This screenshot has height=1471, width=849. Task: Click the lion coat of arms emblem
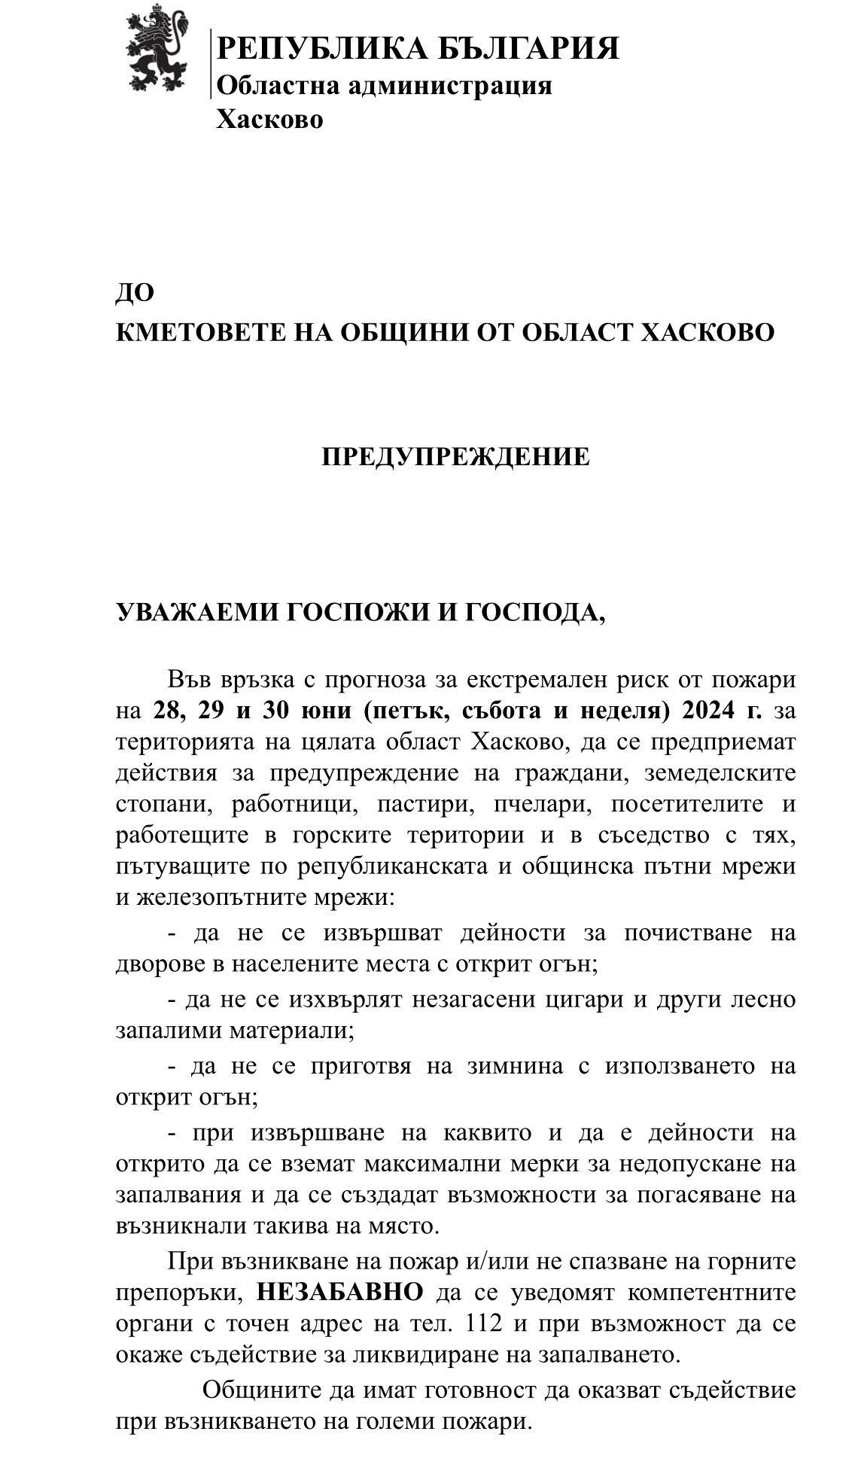tap(157, 47)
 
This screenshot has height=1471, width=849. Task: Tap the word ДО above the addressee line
tap(135, 293)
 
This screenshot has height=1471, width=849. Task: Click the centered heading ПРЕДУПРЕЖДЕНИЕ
tap(455, 457)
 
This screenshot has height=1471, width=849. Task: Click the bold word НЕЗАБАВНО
tap(340, 1292)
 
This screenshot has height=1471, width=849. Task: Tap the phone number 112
tap(485, 1323)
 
